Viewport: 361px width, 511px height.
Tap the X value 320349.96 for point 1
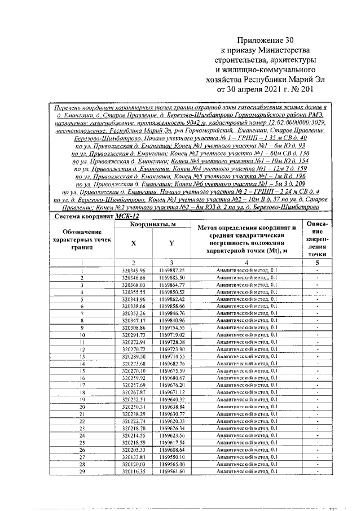[134, 270]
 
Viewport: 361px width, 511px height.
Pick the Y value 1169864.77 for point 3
[171, 285]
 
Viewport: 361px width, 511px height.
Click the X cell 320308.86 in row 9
[134, 327]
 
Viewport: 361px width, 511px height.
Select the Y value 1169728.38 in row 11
[171, 342]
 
